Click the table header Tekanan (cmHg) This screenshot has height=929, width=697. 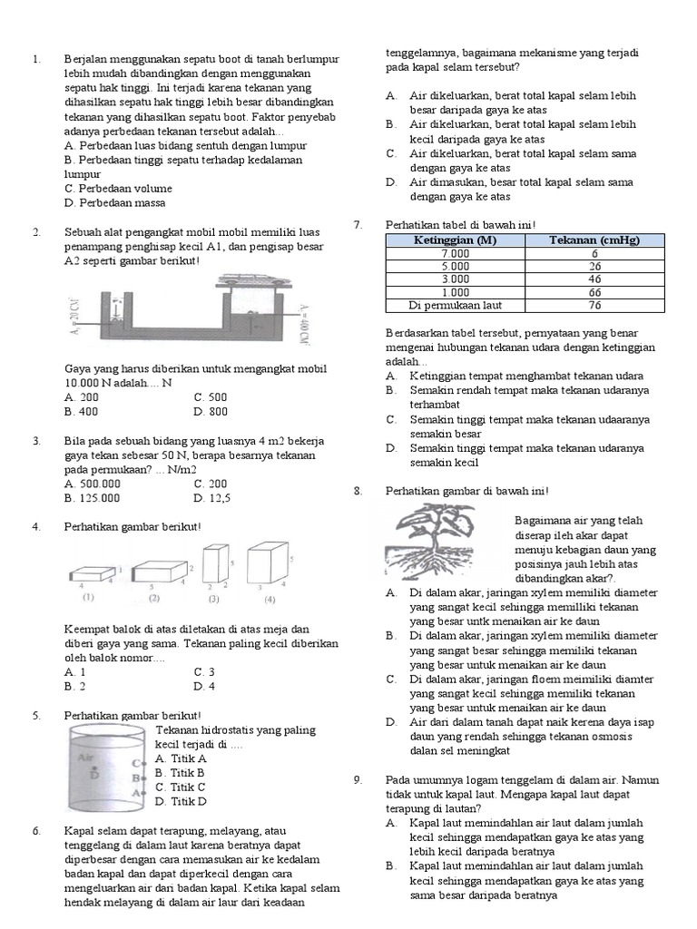(x=594, y=240)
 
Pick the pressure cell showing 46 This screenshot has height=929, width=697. (x=594, y=279)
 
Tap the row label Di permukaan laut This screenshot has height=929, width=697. (x=455, y=306)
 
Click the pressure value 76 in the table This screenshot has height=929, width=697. (x=594, y=306)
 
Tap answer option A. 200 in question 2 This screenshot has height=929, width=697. (x=82, y=397)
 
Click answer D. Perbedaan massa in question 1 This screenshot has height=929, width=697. (x=114, y=203)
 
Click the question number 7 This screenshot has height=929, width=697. (x=358, y=224)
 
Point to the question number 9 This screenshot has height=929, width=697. (x=358, y=779)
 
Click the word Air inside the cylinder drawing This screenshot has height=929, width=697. (x=86, y=757)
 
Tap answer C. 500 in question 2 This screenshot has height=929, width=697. (x=211, y=397)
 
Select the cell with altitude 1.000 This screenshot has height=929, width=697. (x=455, y=292)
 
